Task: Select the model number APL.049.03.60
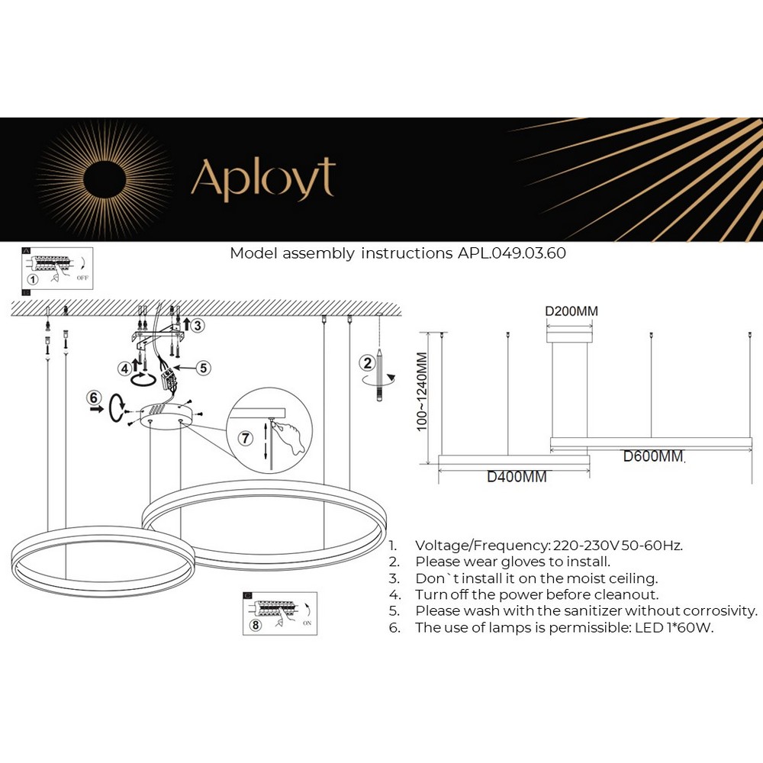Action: click(511, 253)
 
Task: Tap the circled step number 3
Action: click(198, 326)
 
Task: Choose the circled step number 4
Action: click(124, 369)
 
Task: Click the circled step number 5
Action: click(203, 368)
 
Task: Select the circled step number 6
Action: click(94, 397)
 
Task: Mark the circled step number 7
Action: click(245, 438)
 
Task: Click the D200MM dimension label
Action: click(571, 311)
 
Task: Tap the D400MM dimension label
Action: click(517, 478)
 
